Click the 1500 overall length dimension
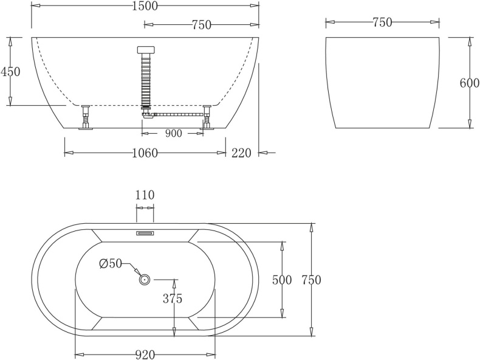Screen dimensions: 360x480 point(144,6)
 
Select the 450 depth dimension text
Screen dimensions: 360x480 point(10,72)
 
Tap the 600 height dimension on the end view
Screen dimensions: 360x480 point(469,84)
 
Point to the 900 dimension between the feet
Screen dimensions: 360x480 point(173,134)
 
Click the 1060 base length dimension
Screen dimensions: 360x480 point(144,153)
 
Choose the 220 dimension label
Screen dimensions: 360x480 point(241,153)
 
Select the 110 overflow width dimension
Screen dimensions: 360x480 point(145,195)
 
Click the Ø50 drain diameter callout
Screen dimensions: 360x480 point(111,263)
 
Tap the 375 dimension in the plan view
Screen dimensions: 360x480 point(172,299)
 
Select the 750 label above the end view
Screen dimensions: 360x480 point(382,22)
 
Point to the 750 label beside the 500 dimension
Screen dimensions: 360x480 point(310,280)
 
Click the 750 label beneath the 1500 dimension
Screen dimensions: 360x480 point(201,25)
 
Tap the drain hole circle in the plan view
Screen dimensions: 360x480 point(145,279)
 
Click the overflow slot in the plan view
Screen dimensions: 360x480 point(145,232)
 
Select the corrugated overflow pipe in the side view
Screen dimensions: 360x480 point(146,79)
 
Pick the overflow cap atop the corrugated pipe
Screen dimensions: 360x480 point(146,50)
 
